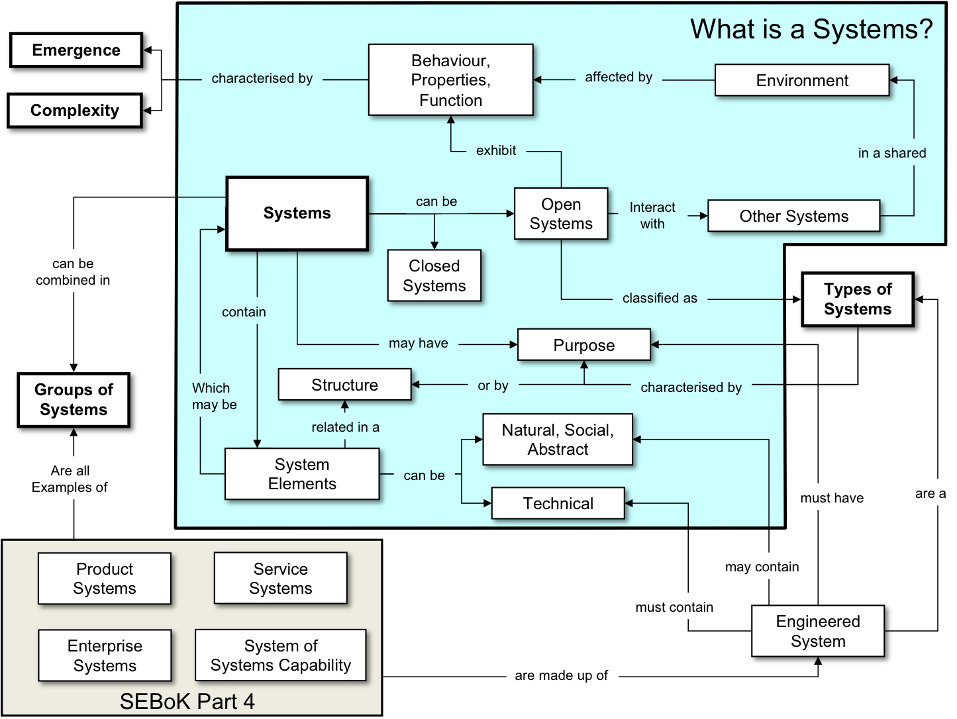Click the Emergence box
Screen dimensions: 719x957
[x=77, y=51]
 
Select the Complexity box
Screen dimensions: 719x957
[x=75, y=111]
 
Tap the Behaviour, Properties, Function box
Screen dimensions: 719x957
[x=450, y=80]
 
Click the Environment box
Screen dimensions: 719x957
[x=801, y=81]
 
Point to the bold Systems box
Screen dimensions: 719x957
[x=297, y=213]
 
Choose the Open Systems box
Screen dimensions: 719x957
[x=561, y=214]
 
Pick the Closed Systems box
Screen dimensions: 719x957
[x=434, y=275]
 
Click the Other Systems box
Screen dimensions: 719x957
[x=793, y=216]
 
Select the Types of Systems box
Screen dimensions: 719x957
[x=857, y=299]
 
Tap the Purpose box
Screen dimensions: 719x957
[x=583, y=345]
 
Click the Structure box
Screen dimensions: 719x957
[x=344, y=385]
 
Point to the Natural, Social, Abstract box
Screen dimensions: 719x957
[x=558, y=440]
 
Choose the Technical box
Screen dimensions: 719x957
[x=558, y=504]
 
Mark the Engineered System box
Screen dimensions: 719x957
[x=818, y=632]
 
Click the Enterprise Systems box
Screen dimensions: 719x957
[x=105, y=655]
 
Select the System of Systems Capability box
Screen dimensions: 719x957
[x=280, y=655]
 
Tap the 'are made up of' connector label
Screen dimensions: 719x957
[x=561, y=676]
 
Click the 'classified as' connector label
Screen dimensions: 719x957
[x=660, y=299]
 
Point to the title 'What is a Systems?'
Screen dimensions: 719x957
[x=811, y=30]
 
